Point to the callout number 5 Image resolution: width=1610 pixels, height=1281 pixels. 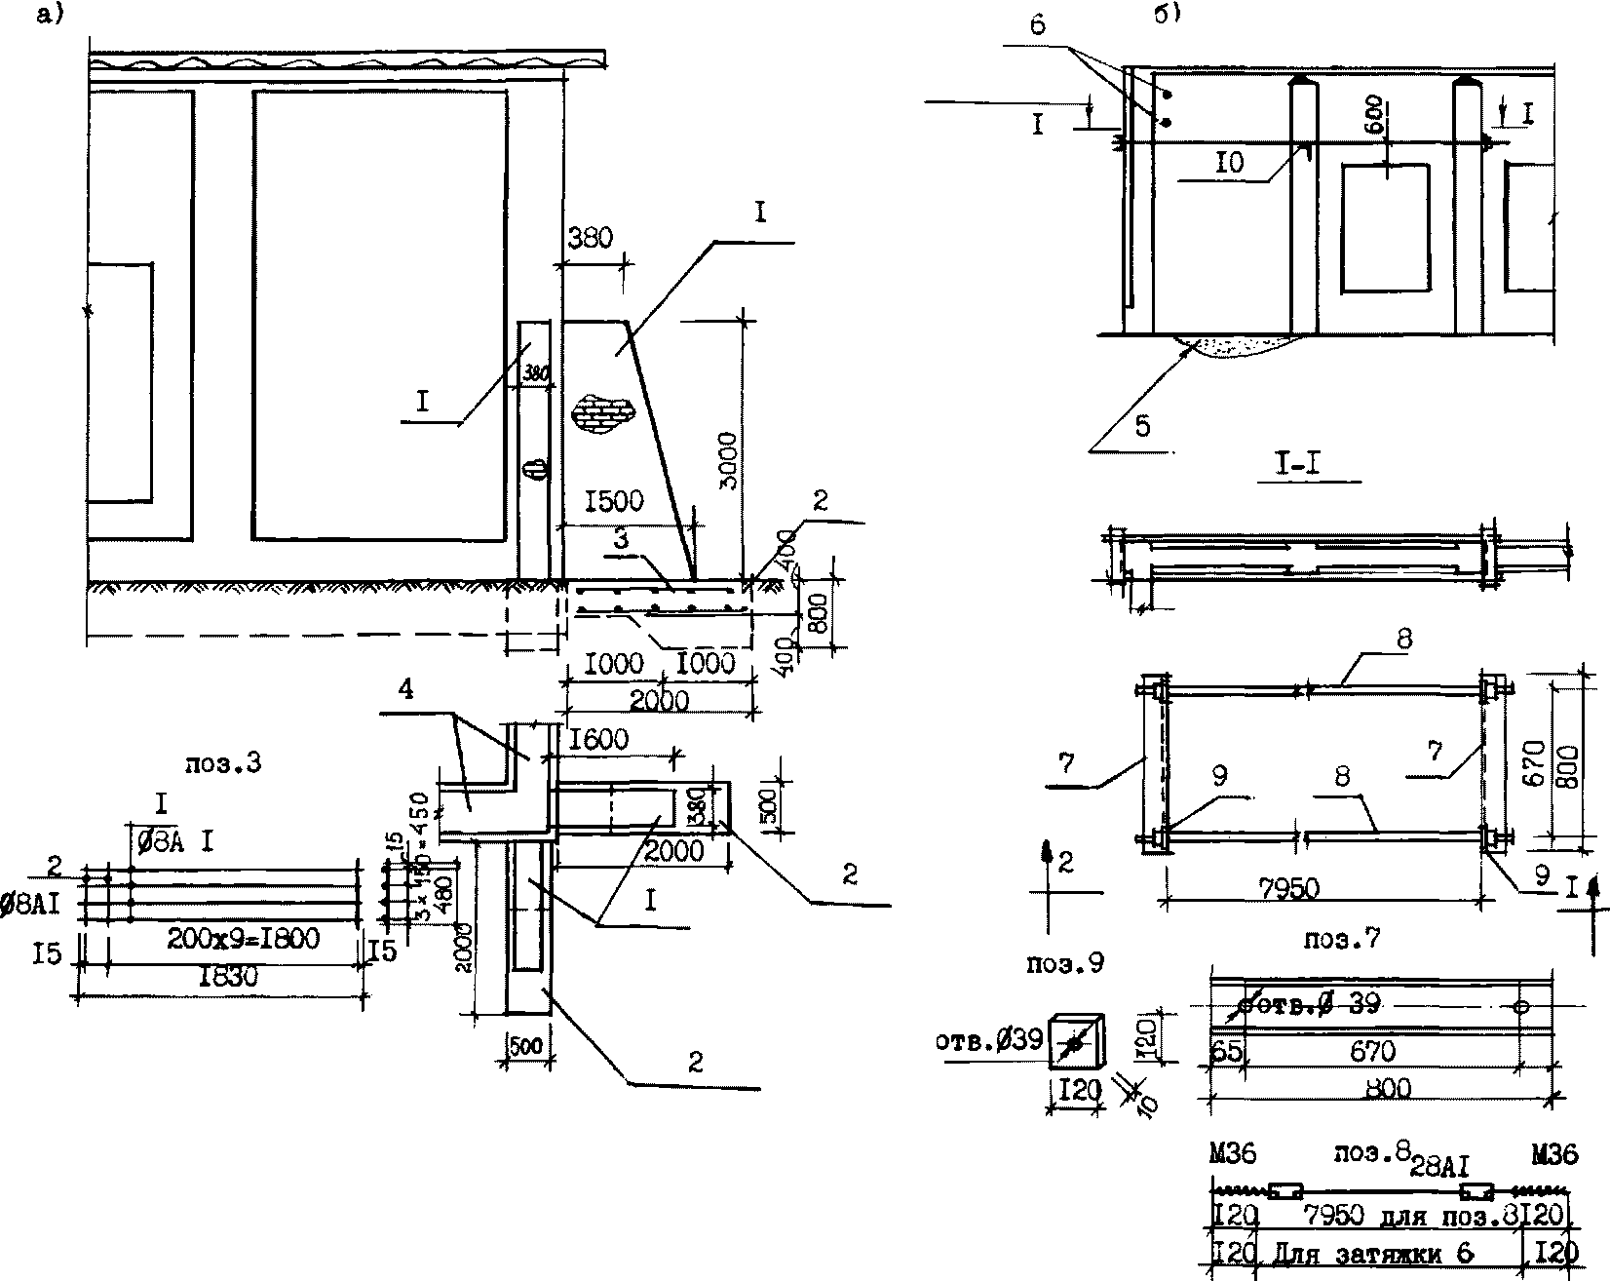click(x=1142, y=426)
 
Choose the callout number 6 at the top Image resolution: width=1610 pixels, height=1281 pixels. click(x=1037, y=25)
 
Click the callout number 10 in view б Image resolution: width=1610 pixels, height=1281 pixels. click(x=1230, y=163)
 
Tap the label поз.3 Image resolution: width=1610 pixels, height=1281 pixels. click(x=224, y=763)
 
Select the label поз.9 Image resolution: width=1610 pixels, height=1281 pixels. click(x=1066, y=962)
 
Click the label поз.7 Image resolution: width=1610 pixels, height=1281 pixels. click(x=1342, y=940)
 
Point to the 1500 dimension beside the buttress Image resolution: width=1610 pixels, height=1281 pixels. click(x=613, y=501)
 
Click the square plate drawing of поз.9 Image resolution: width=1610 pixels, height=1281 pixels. click(x=1074, y=1043)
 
